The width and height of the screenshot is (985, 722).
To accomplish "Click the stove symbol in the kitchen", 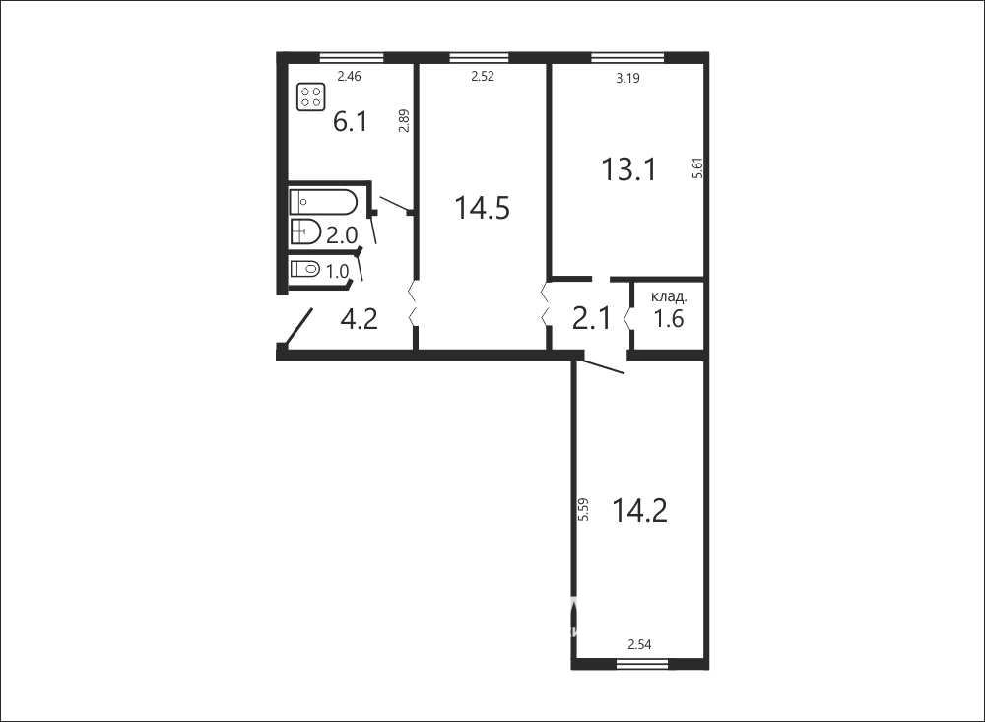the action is [311, 97].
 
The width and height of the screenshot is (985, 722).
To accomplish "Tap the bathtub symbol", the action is [323, 202].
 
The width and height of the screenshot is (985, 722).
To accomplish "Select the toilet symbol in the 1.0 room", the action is [305, 270].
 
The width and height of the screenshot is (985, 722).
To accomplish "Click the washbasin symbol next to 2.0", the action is [306, 231].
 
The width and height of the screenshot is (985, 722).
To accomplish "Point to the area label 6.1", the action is [351, 121].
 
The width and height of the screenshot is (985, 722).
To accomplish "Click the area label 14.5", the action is [483, 208].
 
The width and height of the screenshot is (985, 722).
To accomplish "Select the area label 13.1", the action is [628, 169].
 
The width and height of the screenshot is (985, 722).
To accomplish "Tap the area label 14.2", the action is [639, 510].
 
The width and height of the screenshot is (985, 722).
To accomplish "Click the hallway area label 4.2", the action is [359, 319].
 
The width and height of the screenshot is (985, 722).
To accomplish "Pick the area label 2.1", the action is [592, 318].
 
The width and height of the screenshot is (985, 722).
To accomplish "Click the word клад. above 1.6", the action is [669, 296].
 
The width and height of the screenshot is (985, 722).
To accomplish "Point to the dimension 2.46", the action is [350, 77].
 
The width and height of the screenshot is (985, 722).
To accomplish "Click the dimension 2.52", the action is [483, 77].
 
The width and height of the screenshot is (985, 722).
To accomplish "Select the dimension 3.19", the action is [627, 79].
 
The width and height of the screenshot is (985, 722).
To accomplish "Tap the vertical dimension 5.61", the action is [698, 168].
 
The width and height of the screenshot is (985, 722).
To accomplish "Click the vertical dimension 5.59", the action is [583, 509].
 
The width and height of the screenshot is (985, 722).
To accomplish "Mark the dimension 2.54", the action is [639, 645].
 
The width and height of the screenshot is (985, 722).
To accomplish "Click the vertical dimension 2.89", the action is [404, 120].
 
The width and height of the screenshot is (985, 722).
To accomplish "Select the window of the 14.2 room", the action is [640, 664].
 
